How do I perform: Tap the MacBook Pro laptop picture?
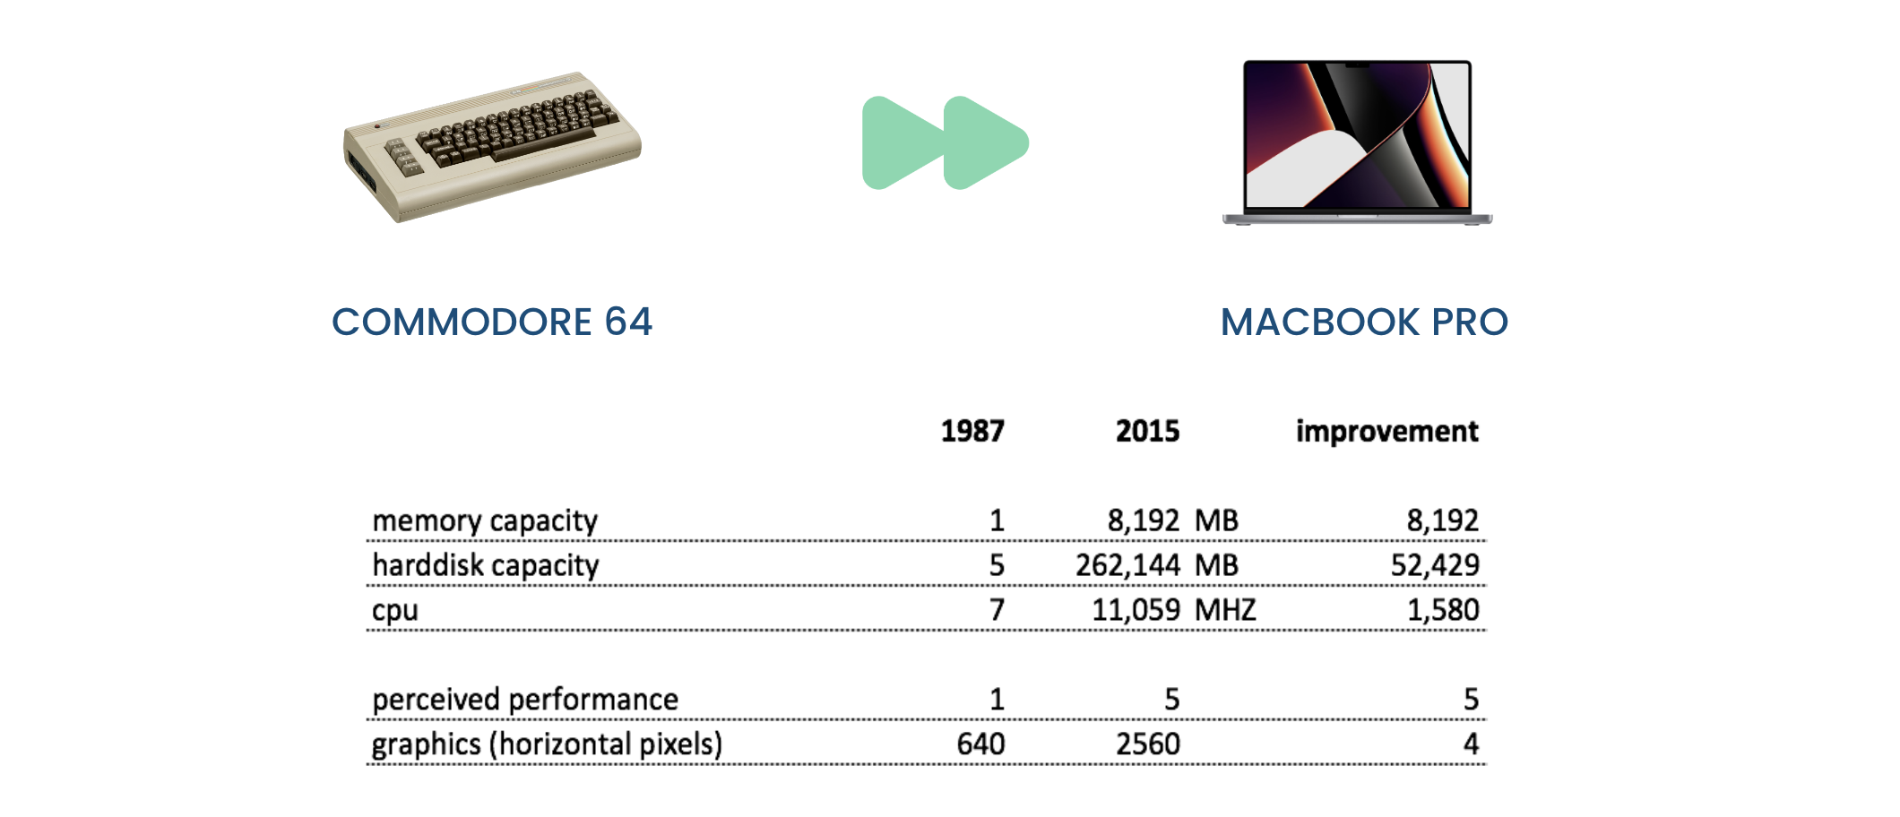click(x=1357, y=142)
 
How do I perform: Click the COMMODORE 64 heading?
click(x=492, y=322)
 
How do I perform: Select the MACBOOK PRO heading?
click(x=1364, y=322)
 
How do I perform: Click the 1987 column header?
click(x=972, y=431)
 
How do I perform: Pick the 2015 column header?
click(x=1147, y=431)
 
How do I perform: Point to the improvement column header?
click(x=1386, y=431)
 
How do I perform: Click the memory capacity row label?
click(x=485, y=520)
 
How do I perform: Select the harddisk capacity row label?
click(x=486, y=565)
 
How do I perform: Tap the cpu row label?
click(x=395, y=611)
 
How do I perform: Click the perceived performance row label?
click(x=525, y=700)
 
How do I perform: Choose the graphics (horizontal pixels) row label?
click(x=547, y=744)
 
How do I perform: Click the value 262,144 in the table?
click(x=1127, y=565)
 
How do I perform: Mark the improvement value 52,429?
click(x=1435, y=565)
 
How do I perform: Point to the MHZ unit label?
click(x=1225, y=610)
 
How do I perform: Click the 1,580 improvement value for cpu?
click(x=1443, y=610)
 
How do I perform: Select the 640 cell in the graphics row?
click(x=980, y=744)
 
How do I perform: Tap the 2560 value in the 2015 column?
click(x=1147, y=744)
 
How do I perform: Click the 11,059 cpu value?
click(x=1136, y=610)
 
